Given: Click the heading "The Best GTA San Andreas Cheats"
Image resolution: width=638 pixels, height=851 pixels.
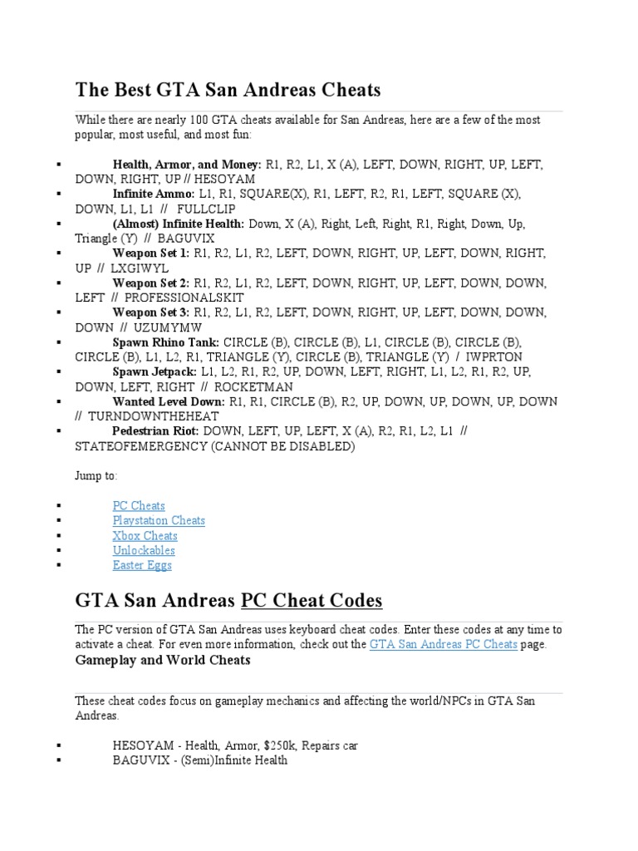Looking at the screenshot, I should (228, 90).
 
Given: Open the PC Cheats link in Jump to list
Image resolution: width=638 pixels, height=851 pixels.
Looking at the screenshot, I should (139, 505).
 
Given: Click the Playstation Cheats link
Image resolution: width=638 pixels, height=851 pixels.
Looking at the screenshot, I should (159, 520).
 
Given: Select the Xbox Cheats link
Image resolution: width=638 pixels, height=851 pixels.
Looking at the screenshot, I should (145, 535).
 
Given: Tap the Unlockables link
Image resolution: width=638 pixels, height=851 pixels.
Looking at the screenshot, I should (144, 550).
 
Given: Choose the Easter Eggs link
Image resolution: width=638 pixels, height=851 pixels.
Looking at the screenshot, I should (142, 565).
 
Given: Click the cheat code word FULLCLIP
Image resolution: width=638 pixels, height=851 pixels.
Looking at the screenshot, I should (207, 209).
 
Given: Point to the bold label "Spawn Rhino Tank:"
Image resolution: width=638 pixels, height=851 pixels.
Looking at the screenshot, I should (166, 342).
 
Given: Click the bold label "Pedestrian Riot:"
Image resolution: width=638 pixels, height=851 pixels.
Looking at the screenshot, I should (155, 431).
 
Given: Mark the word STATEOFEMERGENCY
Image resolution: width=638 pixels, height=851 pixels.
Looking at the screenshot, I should (140, 446).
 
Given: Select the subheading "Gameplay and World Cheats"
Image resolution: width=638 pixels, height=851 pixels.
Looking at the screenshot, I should (163, 661).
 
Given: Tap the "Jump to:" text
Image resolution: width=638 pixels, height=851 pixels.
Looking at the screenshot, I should (96, 476).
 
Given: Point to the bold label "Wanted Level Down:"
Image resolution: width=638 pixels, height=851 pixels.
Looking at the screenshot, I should (169, 401).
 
